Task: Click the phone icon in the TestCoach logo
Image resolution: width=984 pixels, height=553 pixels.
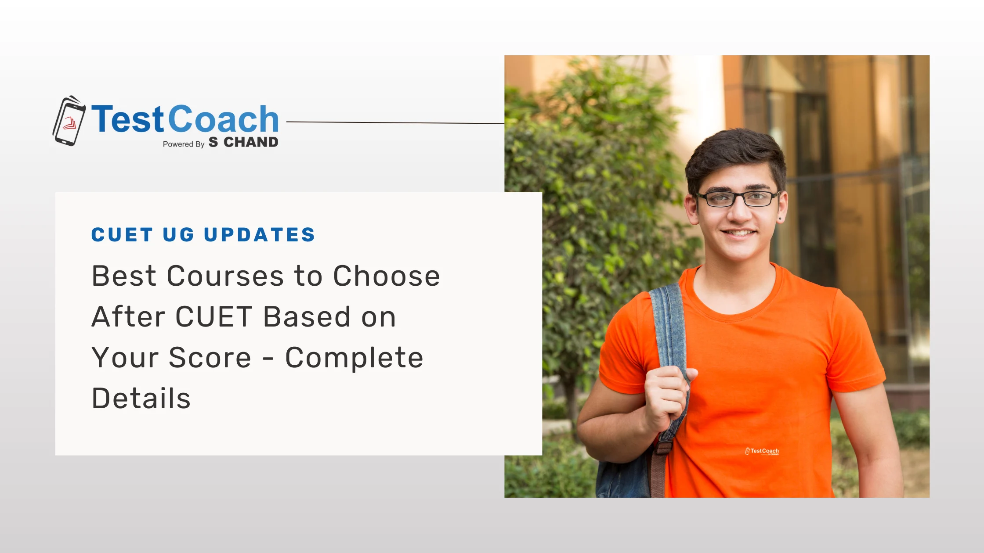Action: [x=69, y=121]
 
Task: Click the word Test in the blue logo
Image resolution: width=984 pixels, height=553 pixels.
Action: [x=127, y=119]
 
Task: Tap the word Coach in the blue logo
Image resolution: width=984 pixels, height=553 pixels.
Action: [x=223, y=119]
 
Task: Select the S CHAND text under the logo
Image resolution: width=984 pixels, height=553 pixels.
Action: [x=243, y=143]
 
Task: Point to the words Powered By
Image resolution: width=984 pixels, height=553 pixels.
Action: [x=183, y=144]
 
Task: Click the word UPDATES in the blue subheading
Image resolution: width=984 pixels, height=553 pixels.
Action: [x=260, y=235]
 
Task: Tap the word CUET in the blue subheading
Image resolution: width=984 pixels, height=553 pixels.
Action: [x=122, y=235]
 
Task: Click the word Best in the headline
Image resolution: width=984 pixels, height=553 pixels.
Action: [x=123, y=276]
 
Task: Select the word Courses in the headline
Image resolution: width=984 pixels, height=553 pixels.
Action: [x=225, y=276]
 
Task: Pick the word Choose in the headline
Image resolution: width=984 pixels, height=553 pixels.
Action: [x=386, y=276]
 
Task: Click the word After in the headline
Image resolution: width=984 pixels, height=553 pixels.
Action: [x=128, y=317]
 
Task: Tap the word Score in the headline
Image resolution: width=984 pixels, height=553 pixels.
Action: [x=210, y=358]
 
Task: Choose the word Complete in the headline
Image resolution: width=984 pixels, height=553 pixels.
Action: [x=354, y=358]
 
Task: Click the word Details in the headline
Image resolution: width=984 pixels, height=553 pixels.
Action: [x=141, y=399]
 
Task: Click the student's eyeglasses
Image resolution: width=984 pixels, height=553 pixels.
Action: [x=738, y=199]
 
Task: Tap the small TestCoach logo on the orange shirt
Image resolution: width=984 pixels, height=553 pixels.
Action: [x=762, y=451]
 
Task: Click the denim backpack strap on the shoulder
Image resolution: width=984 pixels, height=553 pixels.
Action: [x=668, y=325]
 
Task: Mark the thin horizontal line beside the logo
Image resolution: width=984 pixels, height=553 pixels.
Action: [x=395, y=122]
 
